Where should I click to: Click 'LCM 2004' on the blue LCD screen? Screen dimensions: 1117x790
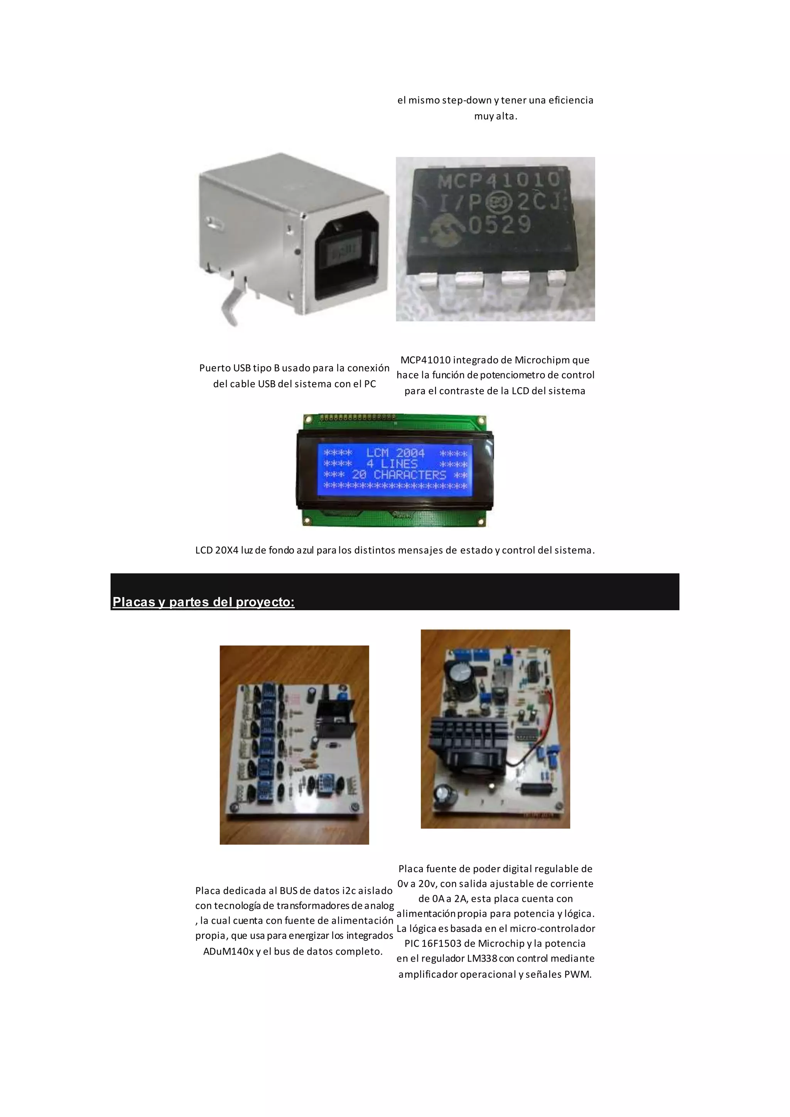[395, 453]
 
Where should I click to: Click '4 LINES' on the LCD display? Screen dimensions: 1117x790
[392, 464]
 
